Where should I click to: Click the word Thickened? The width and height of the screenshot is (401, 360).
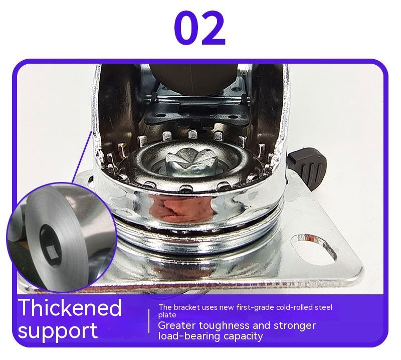[70, 307]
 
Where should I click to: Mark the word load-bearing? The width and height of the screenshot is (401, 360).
[189, 336]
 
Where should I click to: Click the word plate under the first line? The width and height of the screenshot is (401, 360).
[167, 315]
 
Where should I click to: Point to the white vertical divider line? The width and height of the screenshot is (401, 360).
[149, 321]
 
